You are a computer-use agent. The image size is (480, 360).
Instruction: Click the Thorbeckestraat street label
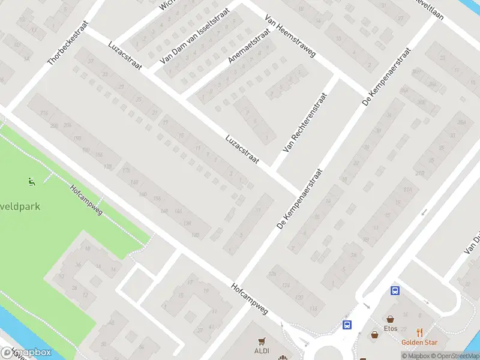click(x=68, y=43)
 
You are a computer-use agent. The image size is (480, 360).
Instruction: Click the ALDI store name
click(x=261, y=350)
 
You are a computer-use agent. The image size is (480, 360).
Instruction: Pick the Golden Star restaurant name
click(x=419, y=343)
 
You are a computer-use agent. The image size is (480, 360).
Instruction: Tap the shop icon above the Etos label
click(x=391, y=319)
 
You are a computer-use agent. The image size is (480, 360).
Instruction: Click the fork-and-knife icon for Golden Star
click(x=419, y=332)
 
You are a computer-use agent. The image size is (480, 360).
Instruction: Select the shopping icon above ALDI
click(x=261, y=341)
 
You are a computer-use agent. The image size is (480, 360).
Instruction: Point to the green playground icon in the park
click(x=32, y=181)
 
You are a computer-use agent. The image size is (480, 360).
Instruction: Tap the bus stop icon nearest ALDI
click(x=347, y=325)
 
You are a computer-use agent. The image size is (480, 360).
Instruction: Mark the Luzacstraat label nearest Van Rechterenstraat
click(x=242, y=149)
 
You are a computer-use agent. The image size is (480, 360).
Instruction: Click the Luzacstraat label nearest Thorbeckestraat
click(x=125, y=55)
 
